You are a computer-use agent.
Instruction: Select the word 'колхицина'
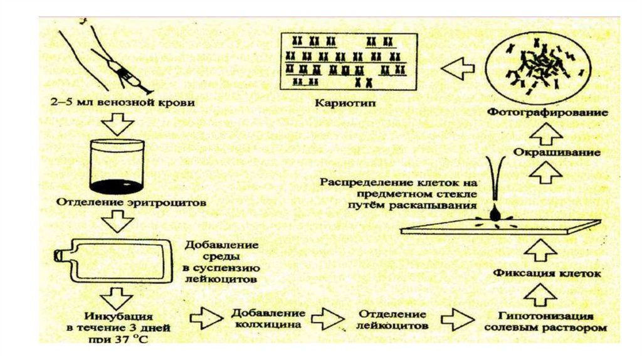(266, 325)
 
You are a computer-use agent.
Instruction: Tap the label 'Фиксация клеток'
(547, 274)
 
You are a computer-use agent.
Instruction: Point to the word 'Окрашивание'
(549, 153)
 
